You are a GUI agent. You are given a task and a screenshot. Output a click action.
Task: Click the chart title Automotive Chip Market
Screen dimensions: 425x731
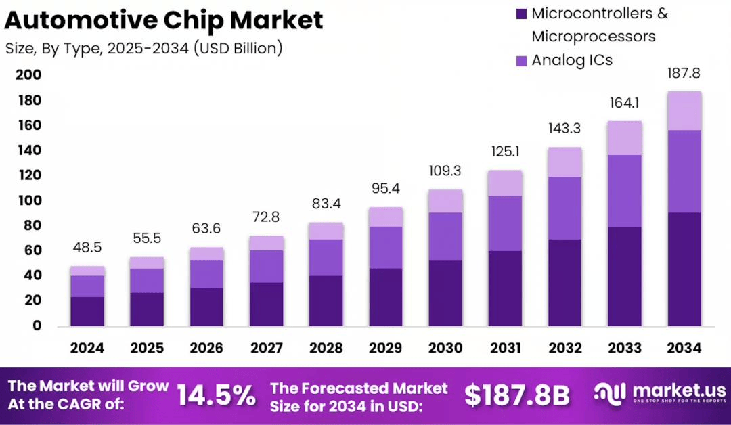coord(163,21)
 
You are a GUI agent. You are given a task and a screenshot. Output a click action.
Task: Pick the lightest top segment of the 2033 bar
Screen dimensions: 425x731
coord(625,138)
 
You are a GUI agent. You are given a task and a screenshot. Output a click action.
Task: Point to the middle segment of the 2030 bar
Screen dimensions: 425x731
coord(445,236)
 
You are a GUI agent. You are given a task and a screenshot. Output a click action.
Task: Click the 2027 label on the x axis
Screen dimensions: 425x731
coord(266,348)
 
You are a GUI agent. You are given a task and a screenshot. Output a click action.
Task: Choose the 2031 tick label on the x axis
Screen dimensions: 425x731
coord(505,348)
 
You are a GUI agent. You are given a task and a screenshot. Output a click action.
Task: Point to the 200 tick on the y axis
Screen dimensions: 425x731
coord(28,74)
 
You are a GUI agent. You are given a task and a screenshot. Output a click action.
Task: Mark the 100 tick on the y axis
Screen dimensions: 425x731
coord(28,200)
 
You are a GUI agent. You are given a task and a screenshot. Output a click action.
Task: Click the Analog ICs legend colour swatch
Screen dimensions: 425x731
coord(521,60)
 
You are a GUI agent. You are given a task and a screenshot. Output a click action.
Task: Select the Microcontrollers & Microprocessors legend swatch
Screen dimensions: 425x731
coord(521,14)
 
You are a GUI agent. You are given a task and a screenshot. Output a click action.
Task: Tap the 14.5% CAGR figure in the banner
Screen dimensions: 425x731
coord(217,396)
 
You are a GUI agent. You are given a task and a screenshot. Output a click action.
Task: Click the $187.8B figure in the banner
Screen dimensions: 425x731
coord(516,396)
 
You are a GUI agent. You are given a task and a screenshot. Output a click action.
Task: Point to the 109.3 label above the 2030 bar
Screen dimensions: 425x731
coord(445,173)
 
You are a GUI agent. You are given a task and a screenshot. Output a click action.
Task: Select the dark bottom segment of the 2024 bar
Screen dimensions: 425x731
coord(87,311)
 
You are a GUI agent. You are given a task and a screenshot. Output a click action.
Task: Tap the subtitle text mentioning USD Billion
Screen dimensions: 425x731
coord(143,49)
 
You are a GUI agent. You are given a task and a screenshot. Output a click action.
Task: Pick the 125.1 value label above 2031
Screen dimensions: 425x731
coord(505,153)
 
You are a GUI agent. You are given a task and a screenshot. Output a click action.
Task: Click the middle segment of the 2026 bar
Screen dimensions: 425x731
coord(206,274)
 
